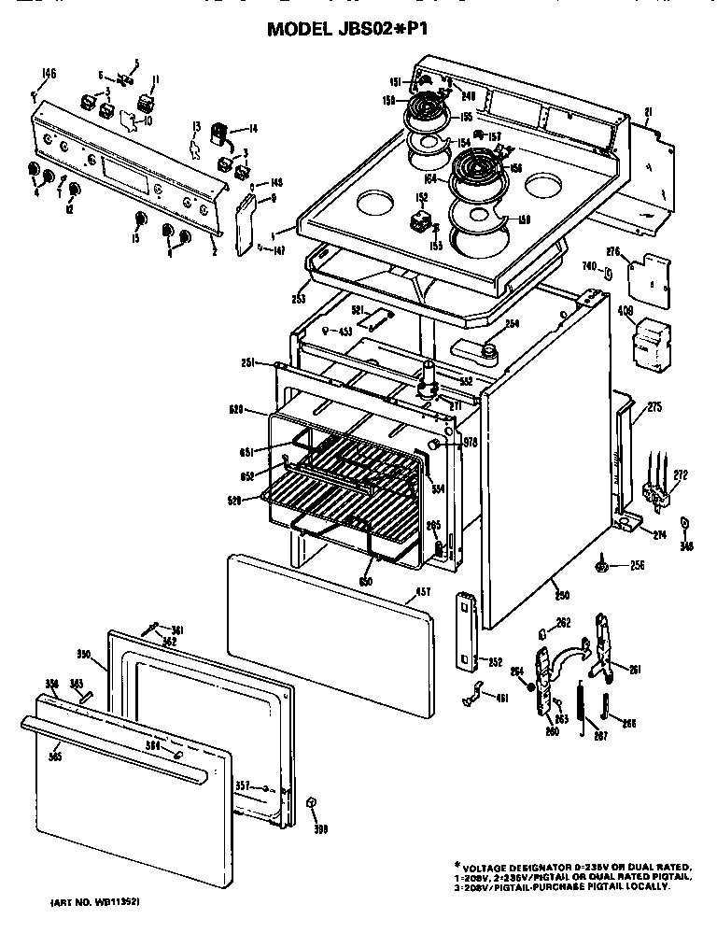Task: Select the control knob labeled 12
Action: point(74,194)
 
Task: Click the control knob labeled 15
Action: point(139,220)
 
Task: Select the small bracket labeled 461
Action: point(473,695)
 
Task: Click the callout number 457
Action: point(423,592)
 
